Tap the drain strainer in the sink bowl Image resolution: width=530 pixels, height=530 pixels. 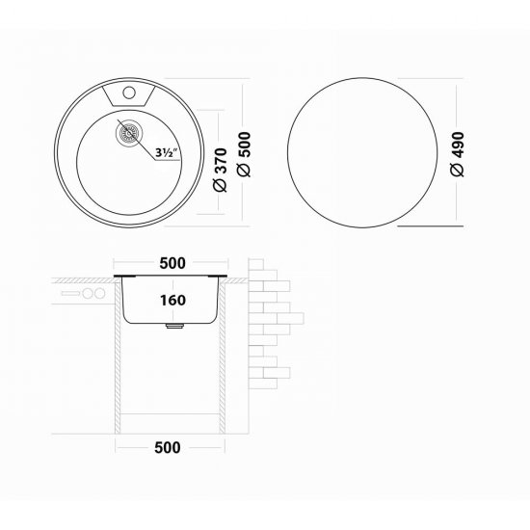click(x=126, y=135)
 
